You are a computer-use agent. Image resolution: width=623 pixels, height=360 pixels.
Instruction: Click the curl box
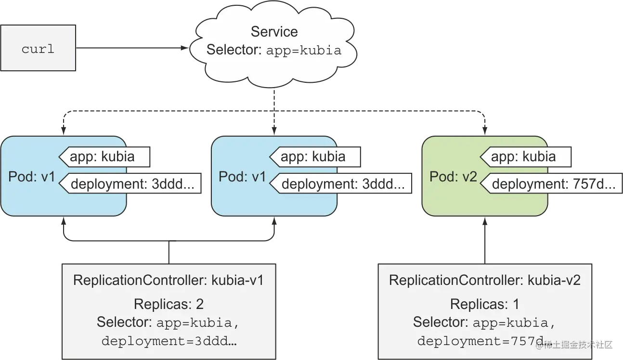coord(38,49)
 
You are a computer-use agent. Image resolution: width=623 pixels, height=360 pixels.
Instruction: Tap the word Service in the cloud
coord(274,32)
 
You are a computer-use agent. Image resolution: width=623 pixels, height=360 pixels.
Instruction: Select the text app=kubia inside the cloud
coord(303,50)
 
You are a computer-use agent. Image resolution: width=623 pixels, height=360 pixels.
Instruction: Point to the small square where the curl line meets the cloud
coord(181,49)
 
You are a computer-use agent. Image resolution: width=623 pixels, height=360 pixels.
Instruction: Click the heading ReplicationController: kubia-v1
coord(168,280)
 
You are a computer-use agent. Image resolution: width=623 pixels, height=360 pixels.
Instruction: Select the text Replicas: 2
coord(168,304)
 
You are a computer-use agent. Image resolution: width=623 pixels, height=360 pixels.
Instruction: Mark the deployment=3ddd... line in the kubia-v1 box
coord(169,341)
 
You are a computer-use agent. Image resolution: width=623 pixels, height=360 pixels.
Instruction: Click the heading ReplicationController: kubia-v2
coord(484,280)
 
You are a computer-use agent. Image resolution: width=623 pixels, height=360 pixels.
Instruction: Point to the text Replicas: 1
coord(484,304)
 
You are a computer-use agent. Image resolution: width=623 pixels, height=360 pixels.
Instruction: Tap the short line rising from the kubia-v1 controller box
coord(168,251)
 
